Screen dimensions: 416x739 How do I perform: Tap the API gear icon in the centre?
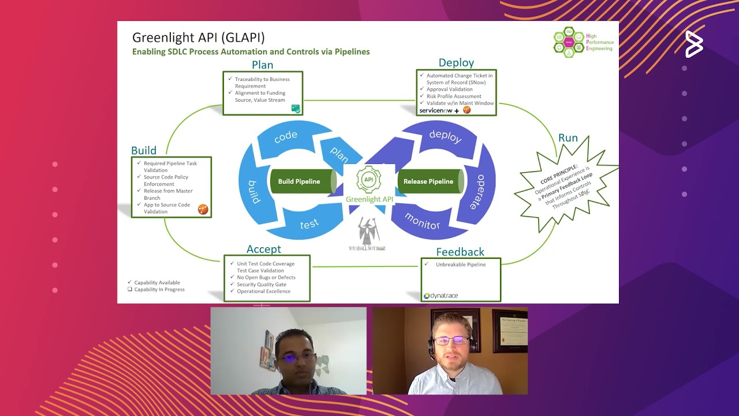point(369,180)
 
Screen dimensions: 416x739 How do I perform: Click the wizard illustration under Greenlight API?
point(367,232)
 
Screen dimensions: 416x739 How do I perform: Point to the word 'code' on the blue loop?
point(286,136)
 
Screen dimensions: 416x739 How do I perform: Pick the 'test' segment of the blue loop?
point(309,224)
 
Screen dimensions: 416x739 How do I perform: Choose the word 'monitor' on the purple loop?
point(422,221)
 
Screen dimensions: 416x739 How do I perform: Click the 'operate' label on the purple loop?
point(477,191)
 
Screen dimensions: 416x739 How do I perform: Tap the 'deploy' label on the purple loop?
point(445,136)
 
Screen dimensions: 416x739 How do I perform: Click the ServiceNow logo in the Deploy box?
point(436,110)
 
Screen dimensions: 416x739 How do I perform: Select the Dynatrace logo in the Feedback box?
point(441,296)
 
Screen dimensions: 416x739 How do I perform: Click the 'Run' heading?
point(568,138)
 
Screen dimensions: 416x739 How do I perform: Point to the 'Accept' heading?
point(264,249)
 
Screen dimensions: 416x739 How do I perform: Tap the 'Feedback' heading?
point(460,252)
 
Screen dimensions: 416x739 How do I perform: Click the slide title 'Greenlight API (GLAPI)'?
point(199,38)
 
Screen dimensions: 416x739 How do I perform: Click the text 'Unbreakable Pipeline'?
point(460,265)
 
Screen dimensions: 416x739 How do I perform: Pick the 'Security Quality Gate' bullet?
point(261,284)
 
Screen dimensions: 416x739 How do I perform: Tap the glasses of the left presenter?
point(297,358)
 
